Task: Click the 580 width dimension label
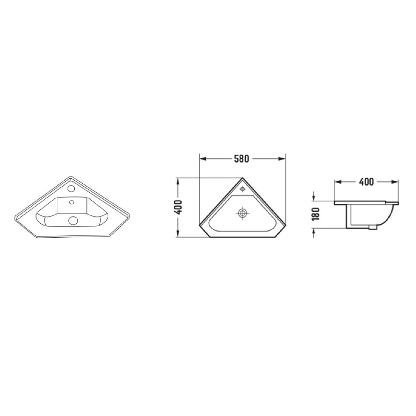(x=241, y=159)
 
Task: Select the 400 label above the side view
(x=366, y=182)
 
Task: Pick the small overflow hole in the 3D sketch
(x=71, y=202)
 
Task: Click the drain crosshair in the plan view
(x=242, y=213)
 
